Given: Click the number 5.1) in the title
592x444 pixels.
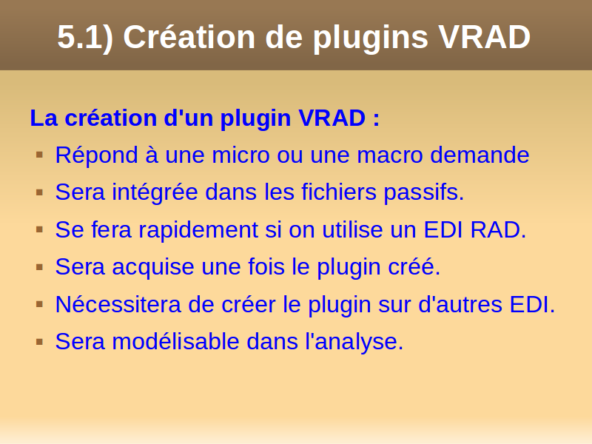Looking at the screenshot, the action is coord(85,38).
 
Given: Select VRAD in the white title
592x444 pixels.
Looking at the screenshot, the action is coord(485,37).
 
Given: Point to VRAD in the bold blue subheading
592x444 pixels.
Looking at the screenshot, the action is coord(332,118).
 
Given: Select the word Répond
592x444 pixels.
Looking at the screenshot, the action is coord(96,155).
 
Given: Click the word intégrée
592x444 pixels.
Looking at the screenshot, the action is coord(155,192).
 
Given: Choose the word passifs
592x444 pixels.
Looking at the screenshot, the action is coord(423,192).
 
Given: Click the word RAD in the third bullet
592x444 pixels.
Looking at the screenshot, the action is coord(498,229).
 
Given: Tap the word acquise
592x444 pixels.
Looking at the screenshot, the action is coord(153,267).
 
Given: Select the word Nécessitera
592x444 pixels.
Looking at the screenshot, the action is coord(118,304).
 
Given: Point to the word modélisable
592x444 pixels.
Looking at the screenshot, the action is coord(175,341).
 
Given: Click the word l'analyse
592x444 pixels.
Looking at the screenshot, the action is coord(354,342).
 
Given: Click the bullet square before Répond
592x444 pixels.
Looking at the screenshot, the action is coord(40,155).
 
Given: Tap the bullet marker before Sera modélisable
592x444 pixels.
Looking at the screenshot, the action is coord(40,342).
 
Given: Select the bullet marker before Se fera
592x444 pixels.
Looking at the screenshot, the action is coord(40,229).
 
